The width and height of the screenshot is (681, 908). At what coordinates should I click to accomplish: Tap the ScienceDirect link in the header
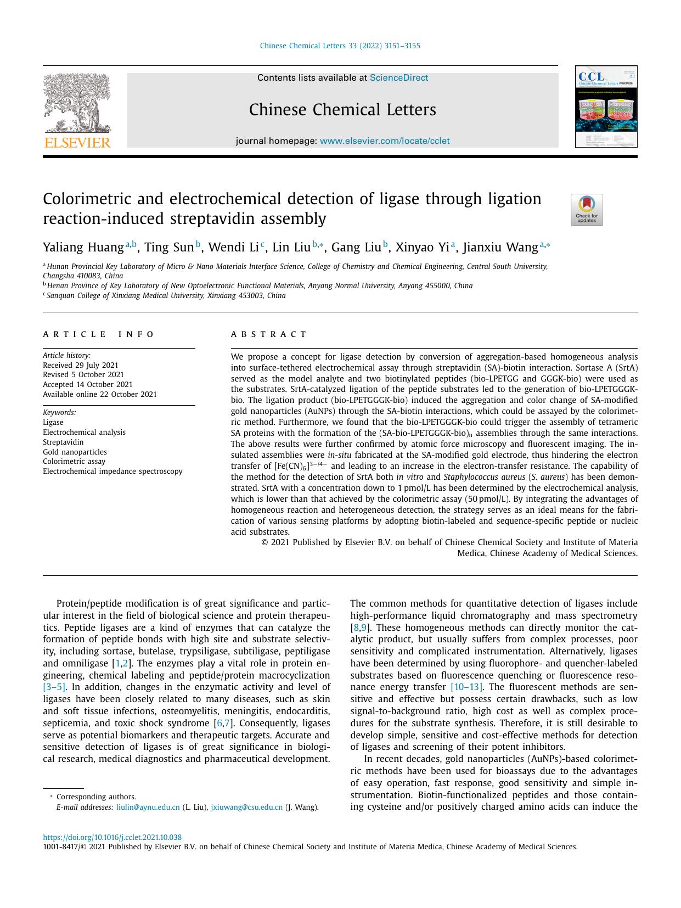(x=398, y=78)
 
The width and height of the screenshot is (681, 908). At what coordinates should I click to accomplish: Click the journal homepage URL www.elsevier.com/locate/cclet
(x=384, y=141)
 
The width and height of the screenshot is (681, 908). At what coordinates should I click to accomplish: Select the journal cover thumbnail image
(x=606, y=107)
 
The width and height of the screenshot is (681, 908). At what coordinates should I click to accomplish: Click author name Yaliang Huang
(x=83, y=248)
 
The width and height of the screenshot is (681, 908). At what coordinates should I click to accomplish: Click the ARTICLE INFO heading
(x=99, y=334)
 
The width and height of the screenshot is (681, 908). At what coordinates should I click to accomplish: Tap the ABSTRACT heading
(x=269, y=334)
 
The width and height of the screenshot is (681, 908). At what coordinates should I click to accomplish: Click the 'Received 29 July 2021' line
(x=81, y=365)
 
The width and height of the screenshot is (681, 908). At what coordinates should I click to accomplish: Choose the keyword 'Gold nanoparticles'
(x=75, y=452)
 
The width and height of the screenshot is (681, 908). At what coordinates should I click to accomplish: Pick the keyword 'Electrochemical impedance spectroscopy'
(x=112, y=471)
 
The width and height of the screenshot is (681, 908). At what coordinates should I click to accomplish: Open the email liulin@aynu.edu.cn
(x=148, y=807)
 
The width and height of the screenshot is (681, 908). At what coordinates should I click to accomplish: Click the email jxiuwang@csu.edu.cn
(x=246, y=807)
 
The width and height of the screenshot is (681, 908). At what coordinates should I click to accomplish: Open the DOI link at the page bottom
(x=112, y=837)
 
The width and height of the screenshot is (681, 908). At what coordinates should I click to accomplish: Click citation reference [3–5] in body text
(x=54, y=687)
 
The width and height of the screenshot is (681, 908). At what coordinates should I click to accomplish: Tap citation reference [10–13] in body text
(x=466, y=687)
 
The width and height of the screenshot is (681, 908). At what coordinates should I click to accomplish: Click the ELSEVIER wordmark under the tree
(x=77, y=143)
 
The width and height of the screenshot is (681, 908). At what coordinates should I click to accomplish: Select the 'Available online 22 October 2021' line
(x=100, y=394)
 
